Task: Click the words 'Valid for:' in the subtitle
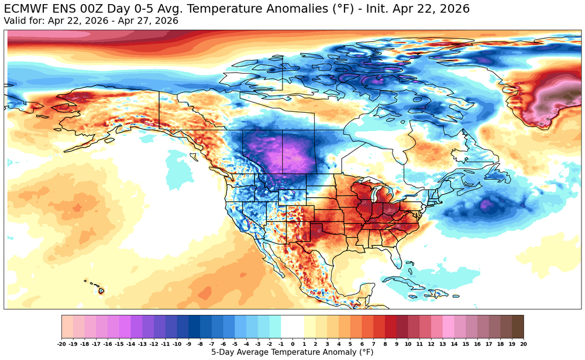[25, 21]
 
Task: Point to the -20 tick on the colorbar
[62, 344]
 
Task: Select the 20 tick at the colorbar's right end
[523, 344]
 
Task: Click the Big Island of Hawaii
[101, 290]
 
